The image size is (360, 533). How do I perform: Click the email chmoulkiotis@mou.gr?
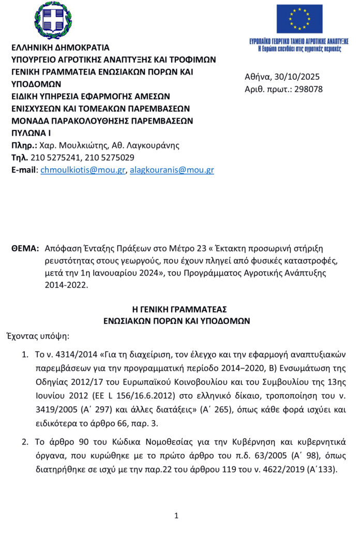coord(83,170)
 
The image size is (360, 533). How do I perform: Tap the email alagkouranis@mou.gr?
coord(172,170)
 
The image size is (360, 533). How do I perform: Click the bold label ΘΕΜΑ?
coord(25,248)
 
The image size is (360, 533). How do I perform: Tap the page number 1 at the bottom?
coord(176,515)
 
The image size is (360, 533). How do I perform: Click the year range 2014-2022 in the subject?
coord(66,285)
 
